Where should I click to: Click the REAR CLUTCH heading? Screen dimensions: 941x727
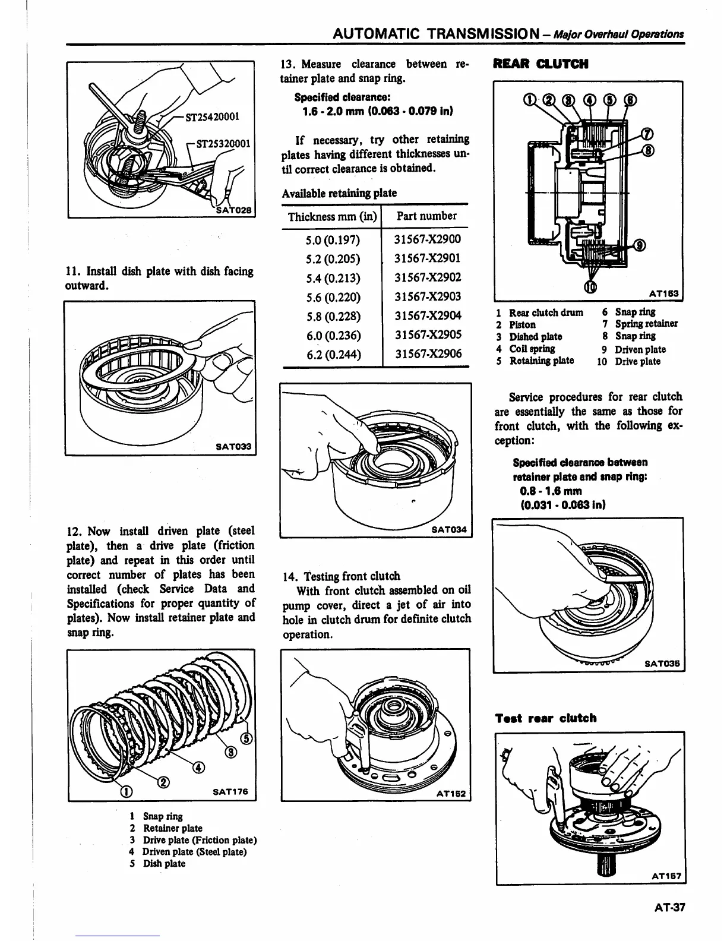point(540,64)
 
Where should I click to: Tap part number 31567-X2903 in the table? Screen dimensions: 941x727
point(428,296)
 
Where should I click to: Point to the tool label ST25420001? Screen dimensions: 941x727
point(212,116)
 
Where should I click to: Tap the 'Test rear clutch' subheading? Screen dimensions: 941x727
point(545,718)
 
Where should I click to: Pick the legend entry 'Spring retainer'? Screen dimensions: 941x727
point(646,324)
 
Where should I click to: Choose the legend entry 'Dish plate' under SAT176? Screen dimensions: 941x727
point(164,864)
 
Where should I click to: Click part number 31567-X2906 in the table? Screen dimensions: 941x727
point(428,354)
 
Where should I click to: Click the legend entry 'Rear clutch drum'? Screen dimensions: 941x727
point(546,312)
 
